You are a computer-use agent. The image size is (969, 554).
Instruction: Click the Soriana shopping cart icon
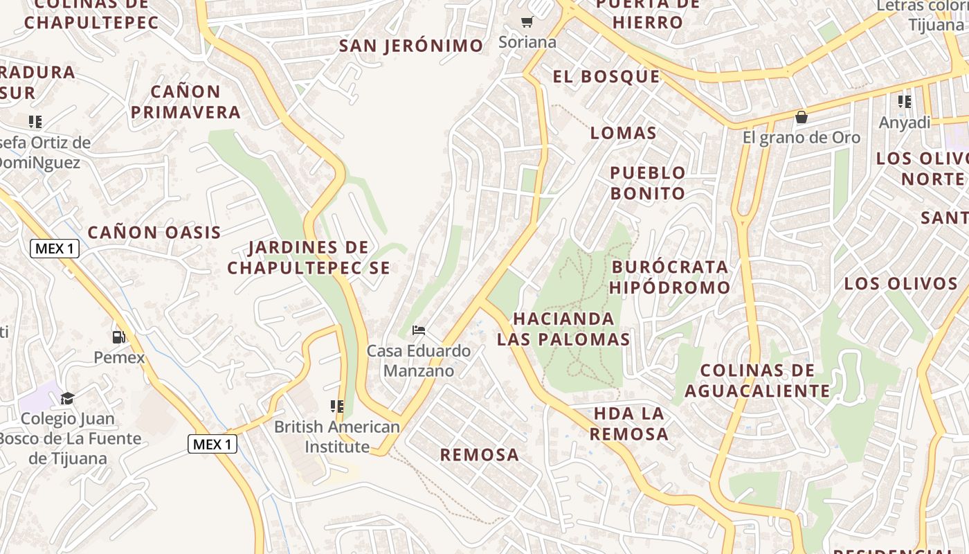click(x=527, y=22)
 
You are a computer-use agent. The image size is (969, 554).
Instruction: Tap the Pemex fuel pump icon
click(x=119, y=337)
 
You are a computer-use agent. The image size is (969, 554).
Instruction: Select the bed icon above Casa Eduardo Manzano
click(x=418, y=330)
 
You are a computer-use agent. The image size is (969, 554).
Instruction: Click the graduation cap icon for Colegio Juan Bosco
click(x=67, y=398)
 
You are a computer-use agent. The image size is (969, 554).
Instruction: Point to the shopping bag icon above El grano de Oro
click(x=802, y=117)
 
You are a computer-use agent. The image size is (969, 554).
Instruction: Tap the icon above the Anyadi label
click(x=905, y=102)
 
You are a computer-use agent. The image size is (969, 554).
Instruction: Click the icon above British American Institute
click(x=337, y=406)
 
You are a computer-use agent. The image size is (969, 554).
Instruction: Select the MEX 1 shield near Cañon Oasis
click(x=55, y=249)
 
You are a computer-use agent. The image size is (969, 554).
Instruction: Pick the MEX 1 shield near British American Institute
click(x=212, y=444)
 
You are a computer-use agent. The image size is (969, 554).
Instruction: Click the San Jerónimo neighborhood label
click(x=411, y=46)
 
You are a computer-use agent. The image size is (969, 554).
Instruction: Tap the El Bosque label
click(x=606, y=76)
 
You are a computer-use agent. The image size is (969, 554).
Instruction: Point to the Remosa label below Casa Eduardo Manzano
click(x=480, y=454)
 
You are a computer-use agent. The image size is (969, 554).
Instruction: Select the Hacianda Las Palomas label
click(x=564, y=329)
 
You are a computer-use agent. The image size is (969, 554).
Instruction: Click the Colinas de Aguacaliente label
click(x=757, y=380)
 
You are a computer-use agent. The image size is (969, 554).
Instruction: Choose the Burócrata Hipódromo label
click(x=670, y=277)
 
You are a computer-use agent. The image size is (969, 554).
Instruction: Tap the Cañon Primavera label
click(x=185, y=101)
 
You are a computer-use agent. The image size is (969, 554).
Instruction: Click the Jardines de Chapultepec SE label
click(x=309, y=257)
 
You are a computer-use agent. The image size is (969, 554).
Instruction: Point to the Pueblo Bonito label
click(x=648, y=183)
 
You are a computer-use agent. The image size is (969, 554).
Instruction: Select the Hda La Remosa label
click(x=629, y=424)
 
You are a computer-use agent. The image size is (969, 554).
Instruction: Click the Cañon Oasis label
click(x=154, y=232)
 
